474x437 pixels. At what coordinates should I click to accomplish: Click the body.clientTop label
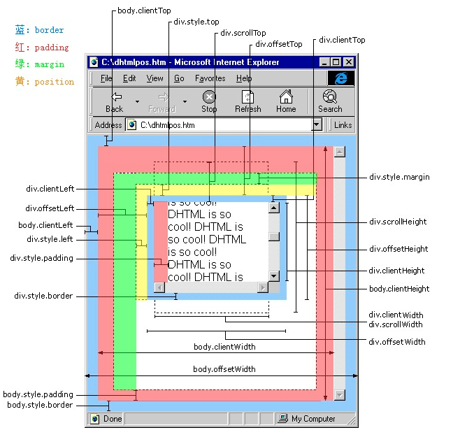[144, 10]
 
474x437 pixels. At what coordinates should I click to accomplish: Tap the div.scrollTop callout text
[243, 33]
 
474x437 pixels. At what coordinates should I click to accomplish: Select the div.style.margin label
[399, 177]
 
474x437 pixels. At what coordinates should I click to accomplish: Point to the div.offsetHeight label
[398, 249]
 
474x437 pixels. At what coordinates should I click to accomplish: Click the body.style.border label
[40, 405]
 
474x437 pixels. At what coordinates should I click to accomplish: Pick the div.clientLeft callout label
[50, 189]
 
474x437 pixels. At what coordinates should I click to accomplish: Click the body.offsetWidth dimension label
[224, 369]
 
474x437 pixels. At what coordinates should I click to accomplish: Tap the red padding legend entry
[42, 47]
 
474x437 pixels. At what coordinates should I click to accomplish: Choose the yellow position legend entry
[45, 81]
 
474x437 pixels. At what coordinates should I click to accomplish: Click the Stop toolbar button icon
[209, 97]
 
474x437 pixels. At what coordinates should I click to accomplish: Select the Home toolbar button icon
[286, 96]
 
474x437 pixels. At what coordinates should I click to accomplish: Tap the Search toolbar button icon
[330, 96]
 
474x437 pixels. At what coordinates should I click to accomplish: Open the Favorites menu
[210, 78]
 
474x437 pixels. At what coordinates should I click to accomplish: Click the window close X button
[349, 62]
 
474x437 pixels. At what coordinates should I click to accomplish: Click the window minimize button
[324, 62]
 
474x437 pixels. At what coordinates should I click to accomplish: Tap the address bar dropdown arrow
[317, 124]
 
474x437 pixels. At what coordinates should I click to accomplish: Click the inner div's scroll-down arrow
[274, 275]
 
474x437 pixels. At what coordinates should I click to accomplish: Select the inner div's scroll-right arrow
[263, 287]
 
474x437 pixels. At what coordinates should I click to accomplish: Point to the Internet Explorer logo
[341, 78]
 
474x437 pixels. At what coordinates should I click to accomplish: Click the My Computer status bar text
[313, 419]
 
